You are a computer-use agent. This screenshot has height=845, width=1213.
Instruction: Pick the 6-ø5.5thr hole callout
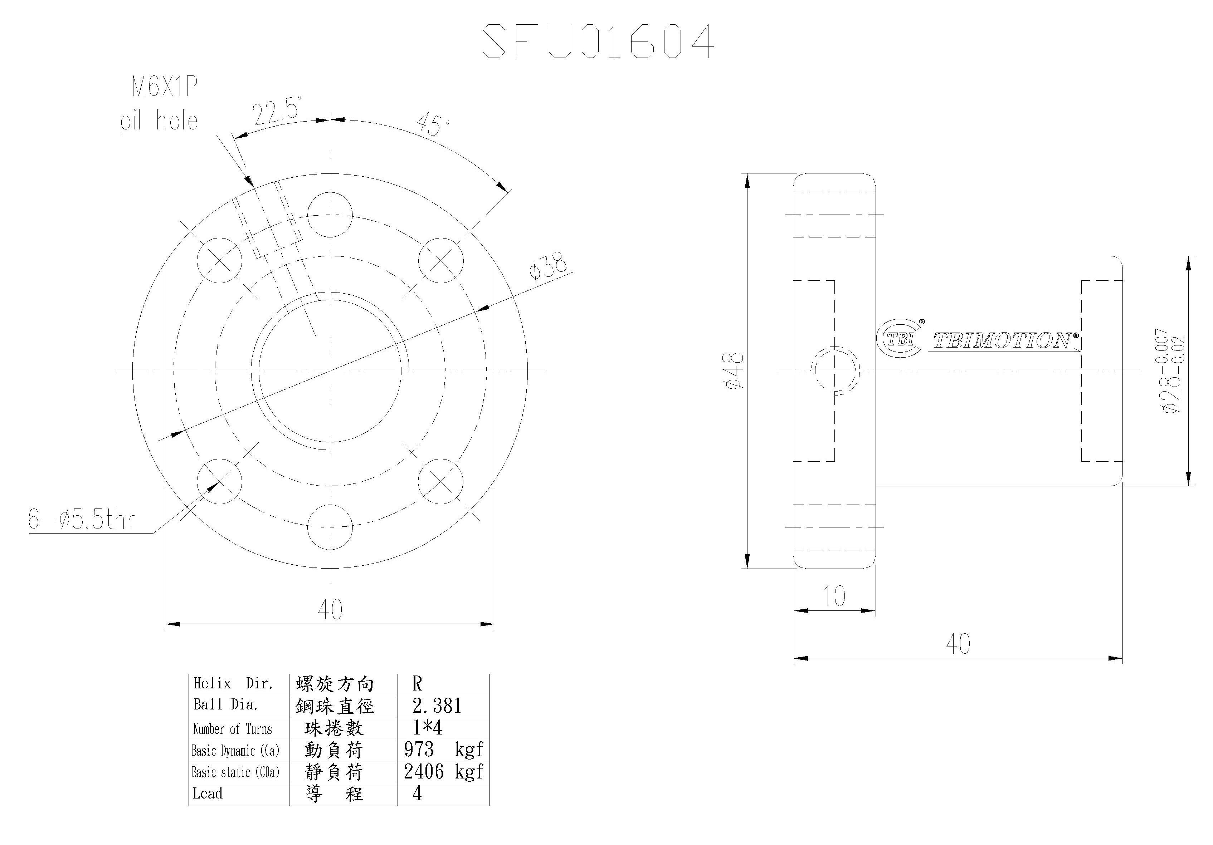click(81, 520)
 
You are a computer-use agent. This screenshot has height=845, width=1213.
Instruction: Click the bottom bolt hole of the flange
click(330, 526)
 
